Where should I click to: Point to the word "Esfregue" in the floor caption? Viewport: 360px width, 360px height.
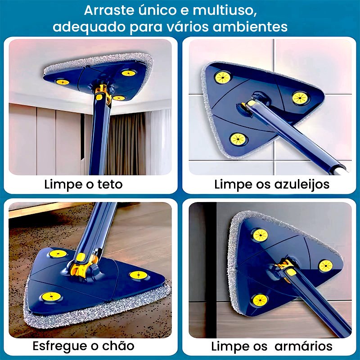(60, 346)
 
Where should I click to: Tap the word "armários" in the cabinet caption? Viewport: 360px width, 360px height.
(303, 346)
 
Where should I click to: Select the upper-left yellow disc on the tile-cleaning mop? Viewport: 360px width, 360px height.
(222, 77)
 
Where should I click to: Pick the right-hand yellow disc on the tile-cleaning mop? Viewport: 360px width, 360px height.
(300, 98)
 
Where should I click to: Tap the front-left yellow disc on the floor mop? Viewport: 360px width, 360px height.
(51, 297)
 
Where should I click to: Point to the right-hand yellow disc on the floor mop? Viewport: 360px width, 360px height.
(138, 275)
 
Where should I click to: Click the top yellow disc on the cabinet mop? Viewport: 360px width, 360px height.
(261, 235)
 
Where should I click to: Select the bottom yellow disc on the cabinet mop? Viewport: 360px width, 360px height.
(260, 300)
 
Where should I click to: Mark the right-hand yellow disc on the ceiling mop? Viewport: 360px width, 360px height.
(128, 73)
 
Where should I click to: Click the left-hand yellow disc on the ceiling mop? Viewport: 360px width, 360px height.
(63, 82)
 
